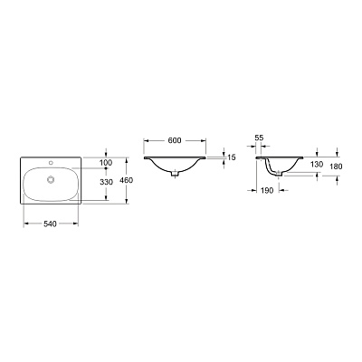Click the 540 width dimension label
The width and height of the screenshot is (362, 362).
[x=50, y=224]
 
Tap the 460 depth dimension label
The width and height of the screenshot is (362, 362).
[x=126, y=180]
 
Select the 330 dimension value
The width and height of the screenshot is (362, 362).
[x=106, y=182]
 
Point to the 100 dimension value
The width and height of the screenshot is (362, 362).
[x=106, y=163]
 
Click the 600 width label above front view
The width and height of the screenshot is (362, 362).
[x=175, y=140]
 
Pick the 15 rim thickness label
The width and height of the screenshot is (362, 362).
[x=232, y=157]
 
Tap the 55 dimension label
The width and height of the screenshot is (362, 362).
[x=259, y=138]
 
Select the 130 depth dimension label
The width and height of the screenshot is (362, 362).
[x=317, y=165]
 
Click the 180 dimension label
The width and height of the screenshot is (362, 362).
[x=336, y=167]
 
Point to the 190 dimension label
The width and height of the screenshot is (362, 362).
[x=267, y=190]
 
